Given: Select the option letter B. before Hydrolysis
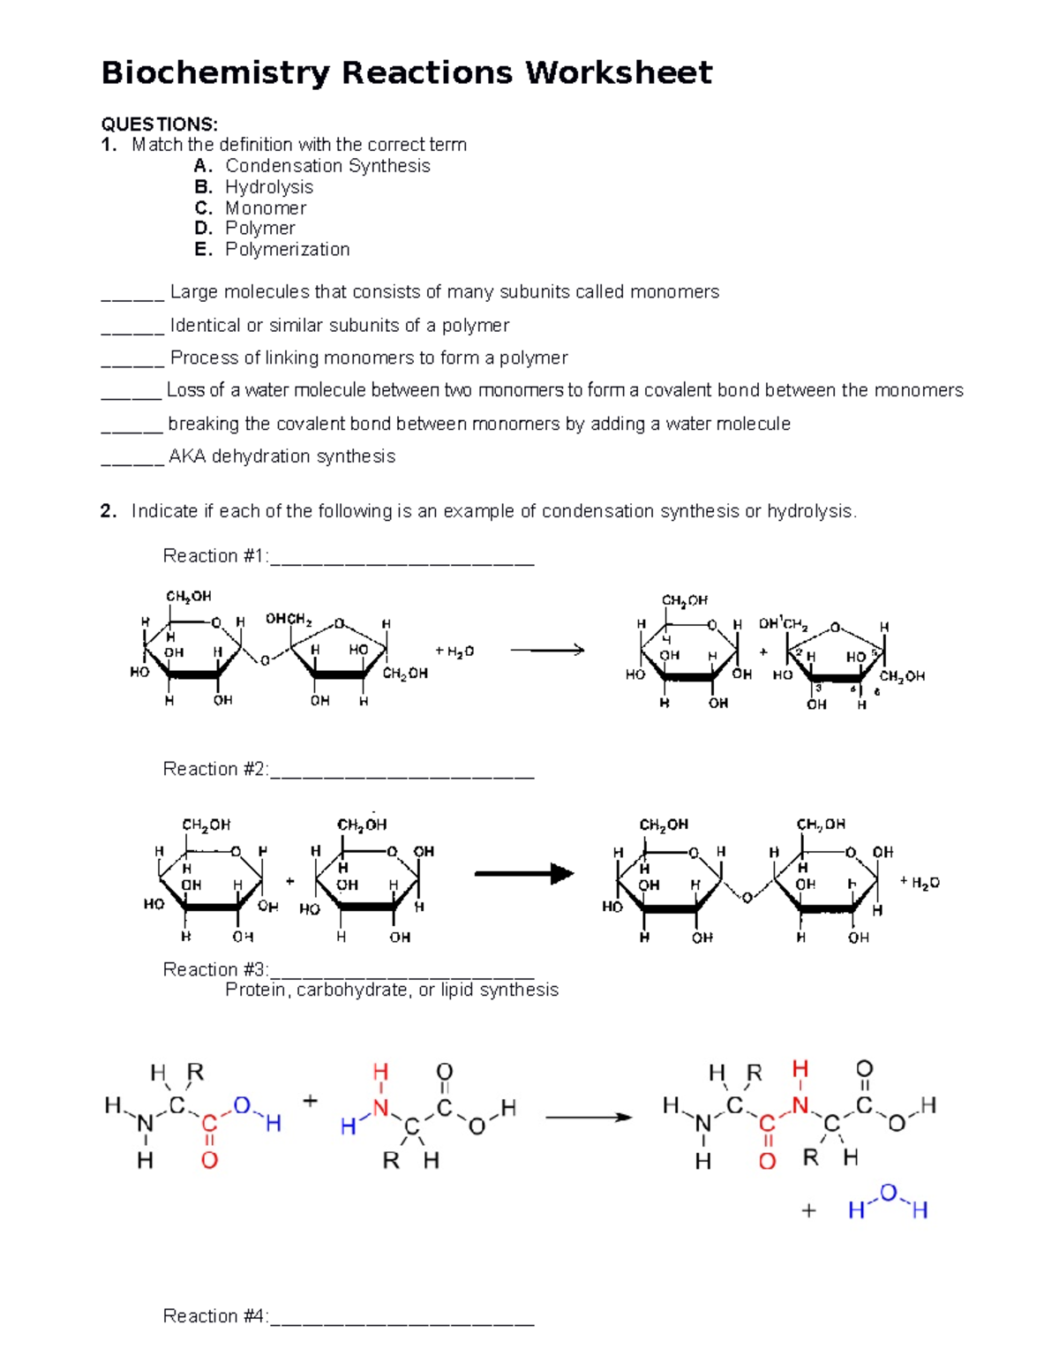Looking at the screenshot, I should pos(203,187).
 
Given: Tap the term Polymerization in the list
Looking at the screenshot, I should pos(287,250).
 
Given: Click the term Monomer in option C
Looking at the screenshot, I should pos(266,208).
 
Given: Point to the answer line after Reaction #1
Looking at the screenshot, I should pos(402,559).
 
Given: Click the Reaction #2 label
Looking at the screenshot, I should pos(214,769).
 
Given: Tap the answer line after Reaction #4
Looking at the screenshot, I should pos(402,1319).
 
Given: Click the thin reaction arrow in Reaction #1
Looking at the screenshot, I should pos(547,651).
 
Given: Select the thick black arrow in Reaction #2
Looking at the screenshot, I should pos(524,874).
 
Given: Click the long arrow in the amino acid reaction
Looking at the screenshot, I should pos(589,1118).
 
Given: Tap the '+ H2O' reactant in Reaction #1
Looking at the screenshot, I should pos(454,652).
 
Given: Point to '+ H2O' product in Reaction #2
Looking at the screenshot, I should pos(920,882).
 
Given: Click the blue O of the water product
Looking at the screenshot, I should pos(888,1193).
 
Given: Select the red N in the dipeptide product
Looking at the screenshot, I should pos(800,1104).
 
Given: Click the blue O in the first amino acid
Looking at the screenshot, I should pos(241,1105).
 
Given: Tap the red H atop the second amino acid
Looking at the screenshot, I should pos(380,1072).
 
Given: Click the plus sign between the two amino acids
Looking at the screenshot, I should pos(310,1101).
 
